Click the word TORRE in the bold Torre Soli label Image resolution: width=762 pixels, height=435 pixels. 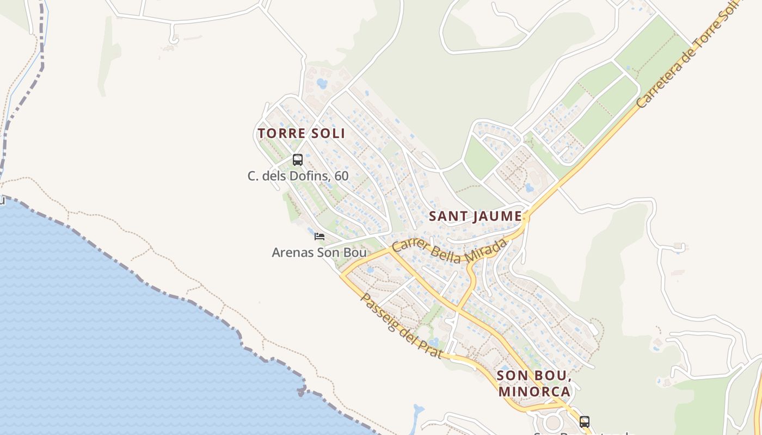pyautogui.click(x=280, y=133)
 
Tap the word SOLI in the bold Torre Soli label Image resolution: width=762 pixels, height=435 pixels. pyautogui.click(x=327, y=133)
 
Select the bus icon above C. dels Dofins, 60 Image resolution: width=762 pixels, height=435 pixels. pyautogui.click(x=297, y=159)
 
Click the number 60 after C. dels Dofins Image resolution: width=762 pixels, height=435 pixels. pyautogui.click(x=341, y=176)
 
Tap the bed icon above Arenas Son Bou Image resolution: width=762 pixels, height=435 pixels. pyautogui.click(x=319, y=237)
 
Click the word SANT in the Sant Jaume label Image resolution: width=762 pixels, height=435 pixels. pyautogui.click(x=448, y=216)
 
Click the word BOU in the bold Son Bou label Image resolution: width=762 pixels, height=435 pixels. pyautogui.click(x=552, y=376)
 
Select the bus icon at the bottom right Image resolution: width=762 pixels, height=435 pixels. pyautogui.click(x=584, y=421)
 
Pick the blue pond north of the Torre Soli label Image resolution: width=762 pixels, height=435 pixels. pyautogui.click(x=322, y=84)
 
